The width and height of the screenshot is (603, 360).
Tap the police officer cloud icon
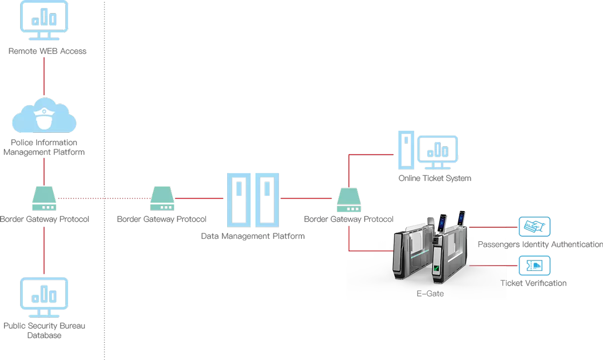(x=44, y=117)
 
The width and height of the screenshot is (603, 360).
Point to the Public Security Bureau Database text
(x=44, y=330)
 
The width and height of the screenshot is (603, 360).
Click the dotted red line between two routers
(x=104, y=199)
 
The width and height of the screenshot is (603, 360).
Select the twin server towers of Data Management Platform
(x=253, y=200)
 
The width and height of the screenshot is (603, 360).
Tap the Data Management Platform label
(x=253, y=236)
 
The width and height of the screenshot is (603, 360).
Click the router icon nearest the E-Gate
(x=349, y=200)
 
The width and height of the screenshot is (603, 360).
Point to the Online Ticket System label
(x=435, y=178)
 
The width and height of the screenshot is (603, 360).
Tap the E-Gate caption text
(x=430, y=293)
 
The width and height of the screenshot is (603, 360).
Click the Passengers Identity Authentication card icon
(x=534, y=227)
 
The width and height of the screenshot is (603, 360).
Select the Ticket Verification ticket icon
(x=534, y=265)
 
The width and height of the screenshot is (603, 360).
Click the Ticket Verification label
(x=533, y=283)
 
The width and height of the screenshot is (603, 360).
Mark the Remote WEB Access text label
(x=47, y=51)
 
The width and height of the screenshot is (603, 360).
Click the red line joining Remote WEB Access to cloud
(x=44, y=75)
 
